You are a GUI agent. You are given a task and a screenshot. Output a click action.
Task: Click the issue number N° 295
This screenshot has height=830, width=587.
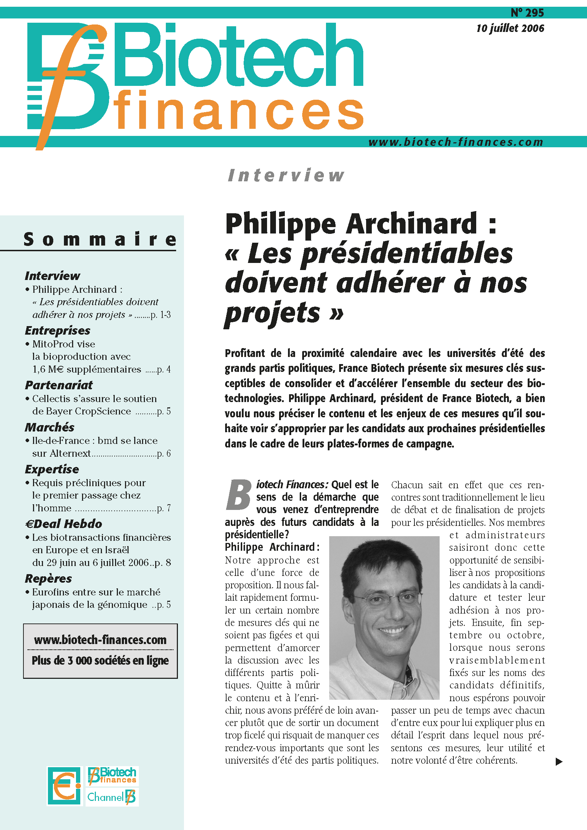pos(527,13)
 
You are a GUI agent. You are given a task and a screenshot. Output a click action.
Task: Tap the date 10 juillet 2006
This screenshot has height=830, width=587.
pos(510,28)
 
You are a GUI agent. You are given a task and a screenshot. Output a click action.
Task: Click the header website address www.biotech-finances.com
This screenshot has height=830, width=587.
pos(456,142)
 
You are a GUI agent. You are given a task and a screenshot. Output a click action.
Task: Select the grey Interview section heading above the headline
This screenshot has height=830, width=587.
pos(286,175)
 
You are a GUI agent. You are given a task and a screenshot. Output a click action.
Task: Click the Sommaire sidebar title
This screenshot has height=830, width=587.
pos(100,239)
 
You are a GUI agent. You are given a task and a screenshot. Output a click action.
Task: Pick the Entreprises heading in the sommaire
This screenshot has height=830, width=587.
pos(58,330)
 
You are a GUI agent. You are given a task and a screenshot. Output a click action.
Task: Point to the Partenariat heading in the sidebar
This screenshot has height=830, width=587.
pos(59,385)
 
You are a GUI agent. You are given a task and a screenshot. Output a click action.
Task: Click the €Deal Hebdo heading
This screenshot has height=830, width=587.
pos(64,524)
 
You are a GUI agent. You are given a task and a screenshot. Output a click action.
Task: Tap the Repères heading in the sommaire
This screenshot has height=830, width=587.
pos(48,578)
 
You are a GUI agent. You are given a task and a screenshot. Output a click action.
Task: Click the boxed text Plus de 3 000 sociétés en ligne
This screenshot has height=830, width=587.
pos(100,660)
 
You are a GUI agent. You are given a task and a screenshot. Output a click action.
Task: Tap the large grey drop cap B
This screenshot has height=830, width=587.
pos(239,495)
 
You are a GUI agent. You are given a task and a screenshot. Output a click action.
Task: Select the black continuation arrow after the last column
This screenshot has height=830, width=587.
pos(559,762)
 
